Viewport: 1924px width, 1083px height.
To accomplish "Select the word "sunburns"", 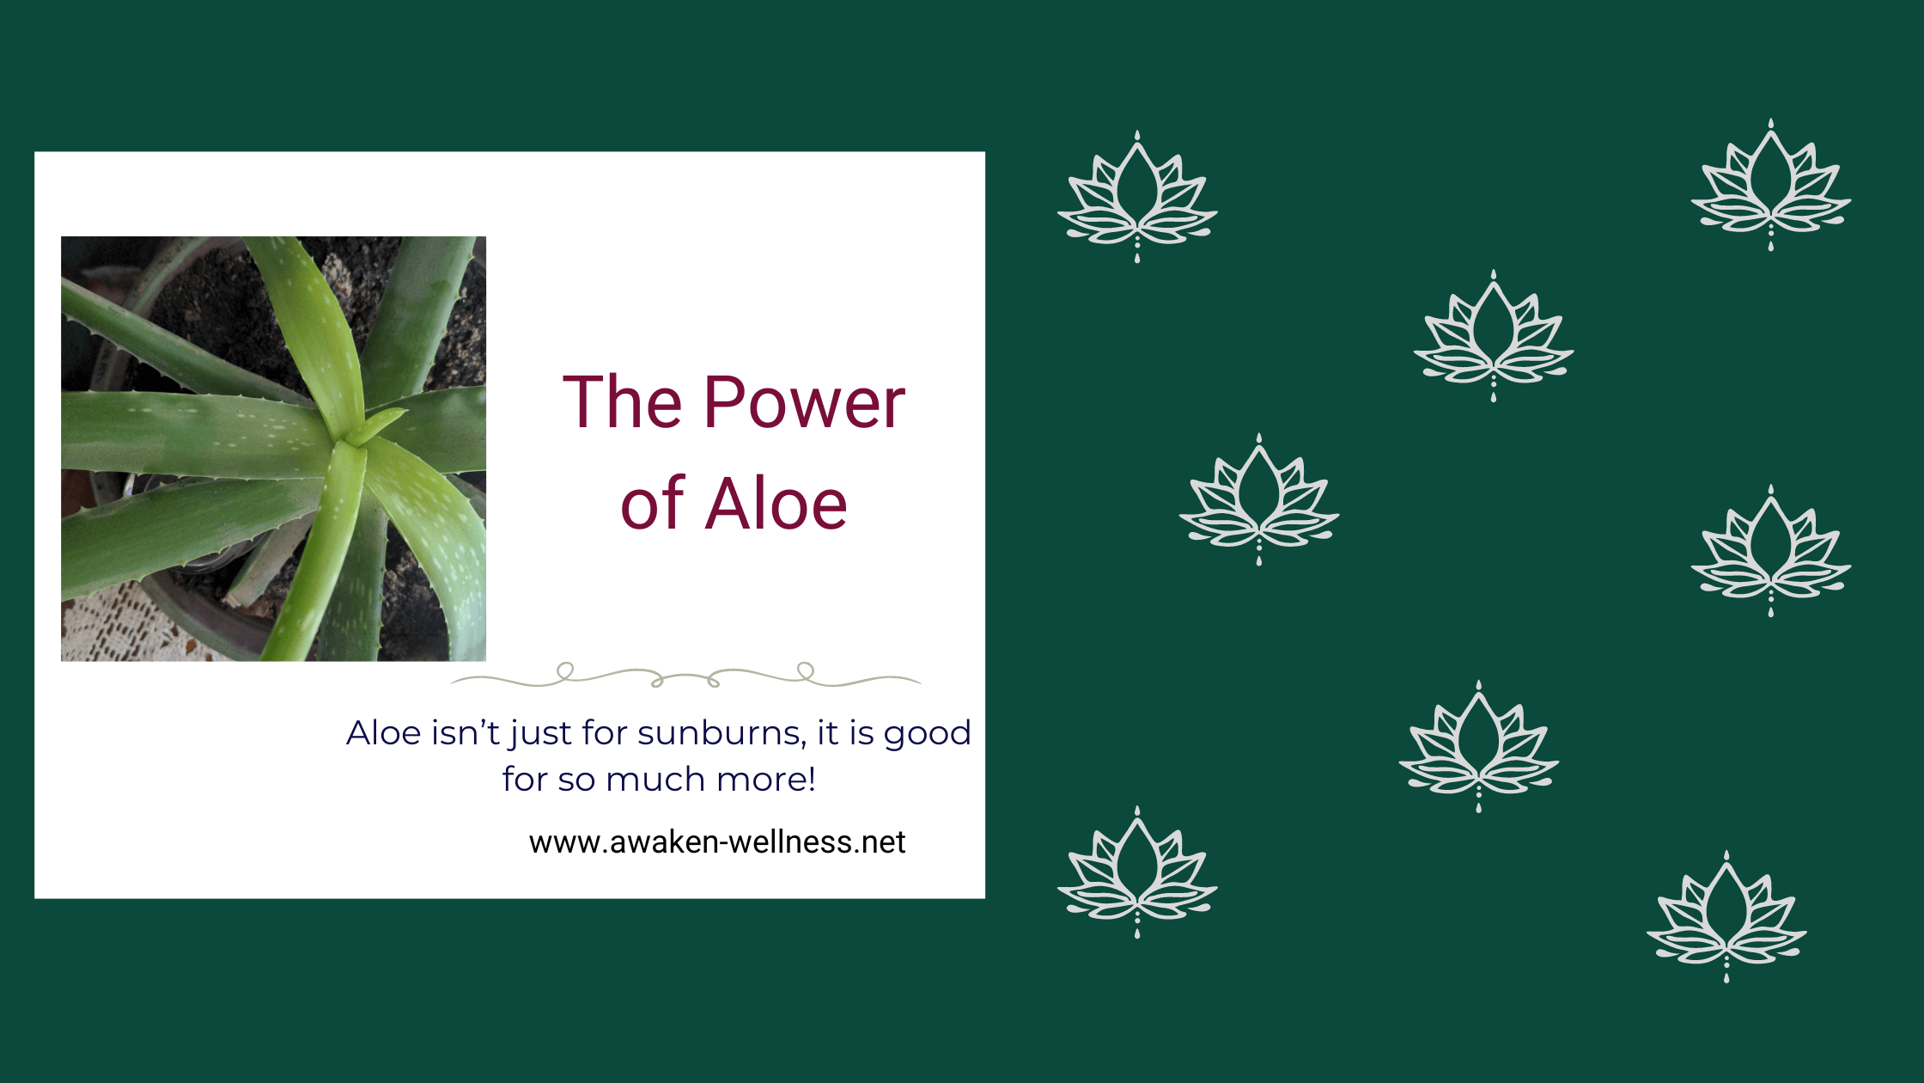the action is [721, 733].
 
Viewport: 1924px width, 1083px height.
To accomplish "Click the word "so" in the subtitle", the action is [576, 780].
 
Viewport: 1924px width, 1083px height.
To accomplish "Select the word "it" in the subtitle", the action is [828, 732].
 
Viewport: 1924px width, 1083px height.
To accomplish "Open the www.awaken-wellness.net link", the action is [717, 841].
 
